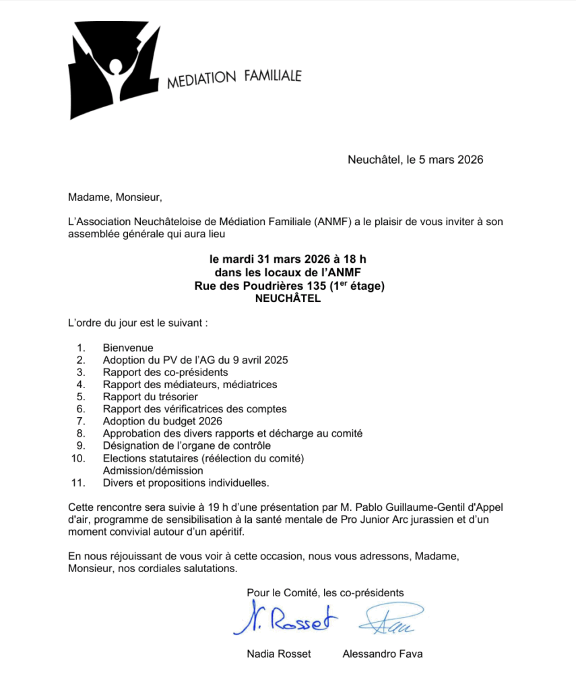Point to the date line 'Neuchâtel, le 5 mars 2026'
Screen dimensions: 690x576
coord(415,160)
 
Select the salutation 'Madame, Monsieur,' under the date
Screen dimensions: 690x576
coord(115,197)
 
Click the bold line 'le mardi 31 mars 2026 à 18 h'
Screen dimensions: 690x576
coord(288,259)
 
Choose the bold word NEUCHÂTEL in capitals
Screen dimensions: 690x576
coord(288,300)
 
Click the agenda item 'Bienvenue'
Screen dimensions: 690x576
coord(128,348)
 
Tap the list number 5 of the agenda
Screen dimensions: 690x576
coord(81,396)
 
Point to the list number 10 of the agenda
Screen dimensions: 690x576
coord(78,458)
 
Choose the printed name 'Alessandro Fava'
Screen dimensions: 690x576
coord(382,654)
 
